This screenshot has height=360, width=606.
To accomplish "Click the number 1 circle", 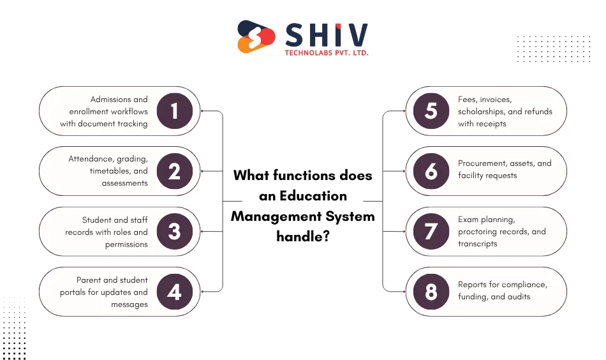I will pyautogui.click(x=174, y=111).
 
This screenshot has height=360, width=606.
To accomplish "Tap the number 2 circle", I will pyautogui.click(x=174, y=171).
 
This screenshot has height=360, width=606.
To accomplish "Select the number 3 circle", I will pyautogui.click(x=174, y=231).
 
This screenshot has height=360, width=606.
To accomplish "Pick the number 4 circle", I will pyautogui.click(x=174, y=292).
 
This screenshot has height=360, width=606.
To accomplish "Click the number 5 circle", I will pyautogui.click(x=431, y=111).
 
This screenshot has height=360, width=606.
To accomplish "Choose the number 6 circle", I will pyautogui.click(x=431, y=171).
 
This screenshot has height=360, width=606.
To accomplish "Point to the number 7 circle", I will pyautogui.click(x=431, y=231).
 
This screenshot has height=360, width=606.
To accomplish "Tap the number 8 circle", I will pyautogui.click(x=431, y=292).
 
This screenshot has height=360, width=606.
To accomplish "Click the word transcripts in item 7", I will pyautogui.click(x=477, y=244).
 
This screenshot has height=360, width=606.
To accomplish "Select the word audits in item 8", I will pyautogui.click(x=517, y=297).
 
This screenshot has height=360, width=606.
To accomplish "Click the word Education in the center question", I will pyautogui.click(x=313, y=196).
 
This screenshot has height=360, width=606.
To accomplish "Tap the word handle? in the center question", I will pyautogui.click(x=302, y=236).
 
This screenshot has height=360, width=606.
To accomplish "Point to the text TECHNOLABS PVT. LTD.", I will pyautogui.click(x=327, y=53).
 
